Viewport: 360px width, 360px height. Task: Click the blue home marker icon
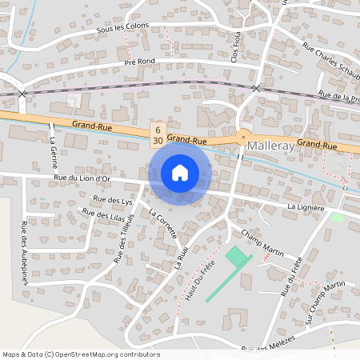(x=180, y=172)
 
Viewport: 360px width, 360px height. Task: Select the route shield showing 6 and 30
(x=158, y=134)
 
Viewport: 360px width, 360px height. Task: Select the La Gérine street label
(x=53, y=149)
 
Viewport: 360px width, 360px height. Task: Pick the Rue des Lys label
(x=111, y=200)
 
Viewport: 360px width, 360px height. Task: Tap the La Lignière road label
(x=304, y=206)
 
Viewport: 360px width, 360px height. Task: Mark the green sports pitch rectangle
(x=236, y=258)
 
